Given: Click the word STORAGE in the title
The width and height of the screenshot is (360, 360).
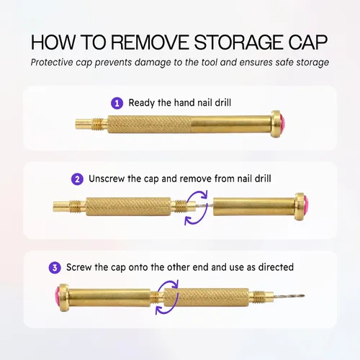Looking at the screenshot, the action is tap(239, 42).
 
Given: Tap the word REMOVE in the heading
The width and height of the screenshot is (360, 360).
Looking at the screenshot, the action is tap(150, 42).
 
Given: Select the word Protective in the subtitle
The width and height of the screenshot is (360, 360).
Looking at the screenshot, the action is tap(52, 63).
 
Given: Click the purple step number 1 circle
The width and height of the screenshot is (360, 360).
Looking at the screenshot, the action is tap(117, 103).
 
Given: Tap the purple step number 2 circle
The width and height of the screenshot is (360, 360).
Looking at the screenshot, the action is tap(77, 179).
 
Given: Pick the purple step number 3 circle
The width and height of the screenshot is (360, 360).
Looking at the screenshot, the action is tap(55, 268).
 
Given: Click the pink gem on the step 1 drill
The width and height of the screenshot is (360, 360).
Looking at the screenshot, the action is tap(282, 124).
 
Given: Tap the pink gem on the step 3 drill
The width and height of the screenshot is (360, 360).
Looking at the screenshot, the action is tap(57, 297).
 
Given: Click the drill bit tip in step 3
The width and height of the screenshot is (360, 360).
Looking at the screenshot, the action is tap(304, 296).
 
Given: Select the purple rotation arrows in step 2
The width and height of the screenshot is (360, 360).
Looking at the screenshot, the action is tap(196, 208).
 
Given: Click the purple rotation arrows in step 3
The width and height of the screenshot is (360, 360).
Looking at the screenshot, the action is tap(167, 297).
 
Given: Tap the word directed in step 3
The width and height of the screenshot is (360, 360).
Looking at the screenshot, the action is tap(276, 267).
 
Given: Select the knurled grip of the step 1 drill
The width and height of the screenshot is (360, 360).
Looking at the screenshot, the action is tap(149, 125).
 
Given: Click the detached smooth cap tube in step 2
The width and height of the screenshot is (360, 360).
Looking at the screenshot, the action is tap(254, 207).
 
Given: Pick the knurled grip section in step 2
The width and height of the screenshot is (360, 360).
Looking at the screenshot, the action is tap(128, 207).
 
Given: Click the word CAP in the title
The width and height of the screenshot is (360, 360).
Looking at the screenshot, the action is tap(308, 42).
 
